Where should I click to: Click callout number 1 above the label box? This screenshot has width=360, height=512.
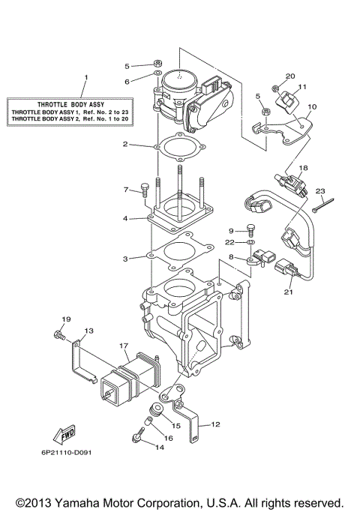coord(85,77)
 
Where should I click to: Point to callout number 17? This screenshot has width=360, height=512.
coord(124,346)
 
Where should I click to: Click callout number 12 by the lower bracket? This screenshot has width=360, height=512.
coord(215,424)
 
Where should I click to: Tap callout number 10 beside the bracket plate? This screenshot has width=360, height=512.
coord(313,107)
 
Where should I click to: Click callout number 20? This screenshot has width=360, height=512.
coord(291,76)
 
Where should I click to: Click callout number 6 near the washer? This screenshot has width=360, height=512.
coord(127,80)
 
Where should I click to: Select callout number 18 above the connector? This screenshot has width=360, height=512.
coord(304,169)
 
